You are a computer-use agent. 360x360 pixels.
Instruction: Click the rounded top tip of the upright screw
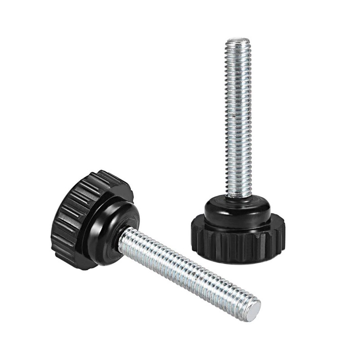coord(238,41)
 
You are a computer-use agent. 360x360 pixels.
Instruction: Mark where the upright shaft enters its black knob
coord(238,197)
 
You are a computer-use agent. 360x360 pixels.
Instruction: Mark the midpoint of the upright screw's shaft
coord(238,119)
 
